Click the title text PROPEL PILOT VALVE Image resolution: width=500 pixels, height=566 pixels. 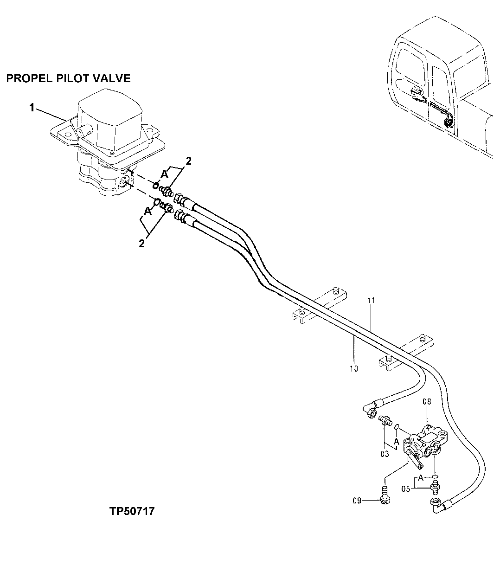68,78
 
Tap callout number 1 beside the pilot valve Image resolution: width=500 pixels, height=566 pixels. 32,108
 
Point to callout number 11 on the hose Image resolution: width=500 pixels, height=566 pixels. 371,301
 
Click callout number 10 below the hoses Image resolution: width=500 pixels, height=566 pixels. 354,369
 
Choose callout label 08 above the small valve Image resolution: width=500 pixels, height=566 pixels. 427,401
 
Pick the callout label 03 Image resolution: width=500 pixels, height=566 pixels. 385,454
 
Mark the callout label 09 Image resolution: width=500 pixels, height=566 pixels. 357,500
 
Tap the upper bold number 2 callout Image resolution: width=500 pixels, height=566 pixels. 189,161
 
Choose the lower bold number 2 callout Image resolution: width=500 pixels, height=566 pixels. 142,243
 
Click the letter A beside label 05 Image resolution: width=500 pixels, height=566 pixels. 420,477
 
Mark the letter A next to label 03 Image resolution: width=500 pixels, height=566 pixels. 396,442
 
